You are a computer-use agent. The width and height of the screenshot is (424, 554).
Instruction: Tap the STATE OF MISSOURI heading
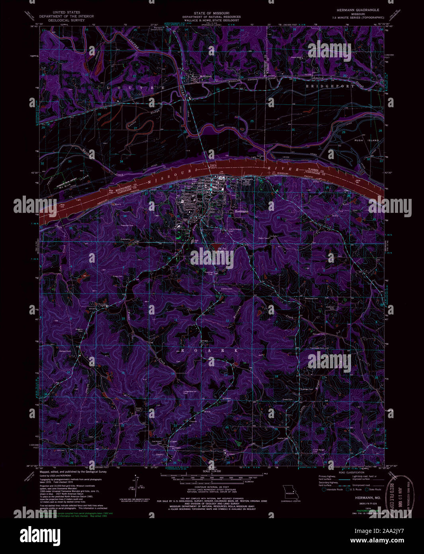[212, 13]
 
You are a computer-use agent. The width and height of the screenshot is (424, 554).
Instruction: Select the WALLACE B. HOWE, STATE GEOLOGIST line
[212, 20]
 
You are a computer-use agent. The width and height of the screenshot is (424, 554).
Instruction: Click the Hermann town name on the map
[241, 211]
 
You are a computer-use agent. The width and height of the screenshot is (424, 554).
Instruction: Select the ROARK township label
[210, 350]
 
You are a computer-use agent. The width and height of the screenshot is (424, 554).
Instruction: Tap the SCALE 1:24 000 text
[212, 471]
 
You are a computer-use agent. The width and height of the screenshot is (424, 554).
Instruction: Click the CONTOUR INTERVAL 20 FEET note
[211, 487]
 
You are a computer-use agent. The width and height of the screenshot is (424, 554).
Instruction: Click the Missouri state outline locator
[290, 491]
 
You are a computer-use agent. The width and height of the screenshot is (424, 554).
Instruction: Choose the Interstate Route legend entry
[334, 489]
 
